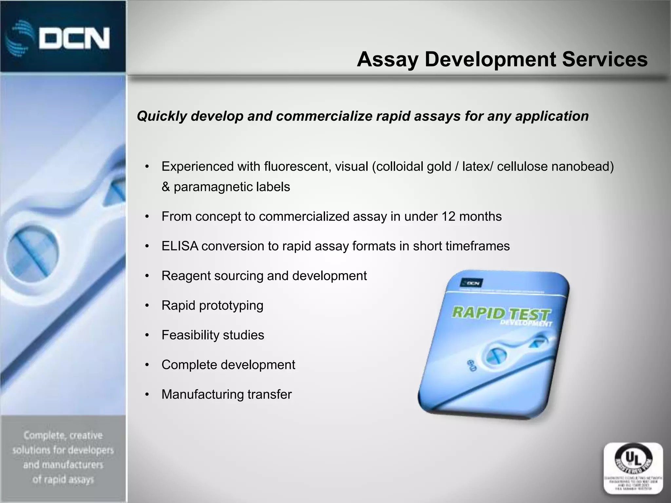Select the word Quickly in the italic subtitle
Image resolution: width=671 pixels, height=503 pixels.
[162, 116]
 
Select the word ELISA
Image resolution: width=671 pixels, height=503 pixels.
[180, 246]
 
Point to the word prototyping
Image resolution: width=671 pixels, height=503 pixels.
[231, 306]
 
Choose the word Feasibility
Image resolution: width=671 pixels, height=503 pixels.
[190, 335]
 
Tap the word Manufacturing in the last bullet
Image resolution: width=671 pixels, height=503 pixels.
[202, 395]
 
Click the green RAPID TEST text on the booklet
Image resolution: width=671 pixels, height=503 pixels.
[500, 314]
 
